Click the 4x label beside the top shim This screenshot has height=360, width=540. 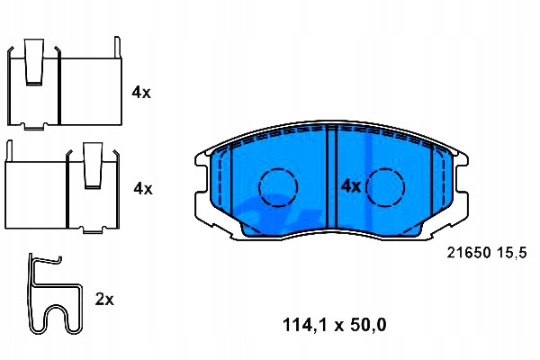[x=141, y=93]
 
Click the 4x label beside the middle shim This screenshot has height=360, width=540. [x=143, y=188]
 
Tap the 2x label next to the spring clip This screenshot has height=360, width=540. [x=104, y=299]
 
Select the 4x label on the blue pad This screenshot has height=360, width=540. [x=351, y=186]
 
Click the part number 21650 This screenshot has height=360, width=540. [x=469, y=253]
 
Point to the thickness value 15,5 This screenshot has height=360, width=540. [x=512, y=253]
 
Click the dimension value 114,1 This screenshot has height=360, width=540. [x=305, y=325]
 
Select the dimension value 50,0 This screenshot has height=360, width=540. [x=368, y=325]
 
